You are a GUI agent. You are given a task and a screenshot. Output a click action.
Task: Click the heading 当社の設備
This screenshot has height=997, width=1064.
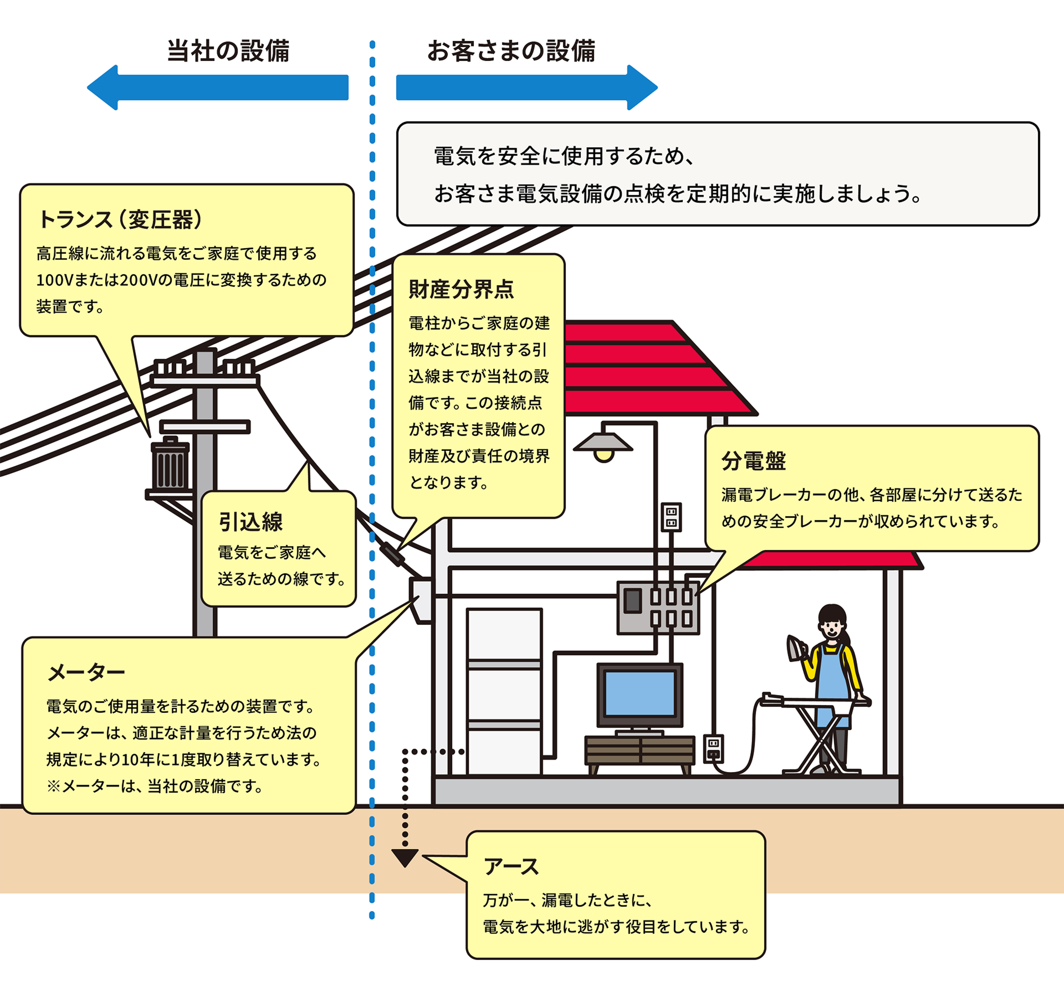(x=229, y=51)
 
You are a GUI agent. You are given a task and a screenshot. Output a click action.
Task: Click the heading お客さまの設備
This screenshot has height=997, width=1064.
(x=511, y=51)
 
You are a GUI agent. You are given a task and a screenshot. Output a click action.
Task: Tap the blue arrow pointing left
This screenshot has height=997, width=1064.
(x=217, y=88)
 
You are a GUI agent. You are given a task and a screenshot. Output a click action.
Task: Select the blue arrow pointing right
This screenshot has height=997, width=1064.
(x=527, y=88)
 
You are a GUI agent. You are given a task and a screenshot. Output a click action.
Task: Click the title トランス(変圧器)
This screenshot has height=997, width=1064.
(x=120, y=219)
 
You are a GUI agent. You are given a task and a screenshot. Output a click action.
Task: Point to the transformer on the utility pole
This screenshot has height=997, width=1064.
(x=170, y=465)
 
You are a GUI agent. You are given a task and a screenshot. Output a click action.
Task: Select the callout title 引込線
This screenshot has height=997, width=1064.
(x=250, y=521)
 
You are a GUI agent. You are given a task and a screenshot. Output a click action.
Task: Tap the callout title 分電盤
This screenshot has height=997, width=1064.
(x=754, y=460)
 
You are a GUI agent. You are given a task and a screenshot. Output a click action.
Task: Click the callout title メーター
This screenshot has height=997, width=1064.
(x=86, y=672)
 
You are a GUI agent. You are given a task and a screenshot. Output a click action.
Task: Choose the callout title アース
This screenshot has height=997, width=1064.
(x=511, y=867)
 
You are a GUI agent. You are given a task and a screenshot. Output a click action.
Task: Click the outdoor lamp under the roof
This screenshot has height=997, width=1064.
(x=603, y=445)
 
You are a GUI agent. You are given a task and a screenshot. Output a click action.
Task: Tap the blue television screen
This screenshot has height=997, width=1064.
(x=639, y=693)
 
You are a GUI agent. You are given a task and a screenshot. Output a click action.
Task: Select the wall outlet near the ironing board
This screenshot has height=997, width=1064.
(x=713, y=748)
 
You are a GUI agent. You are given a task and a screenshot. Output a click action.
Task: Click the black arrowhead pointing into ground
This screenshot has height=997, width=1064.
(x=404, y=857)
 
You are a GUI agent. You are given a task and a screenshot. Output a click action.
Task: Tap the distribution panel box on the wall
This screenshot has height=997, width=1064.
(x=658, y=608)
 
